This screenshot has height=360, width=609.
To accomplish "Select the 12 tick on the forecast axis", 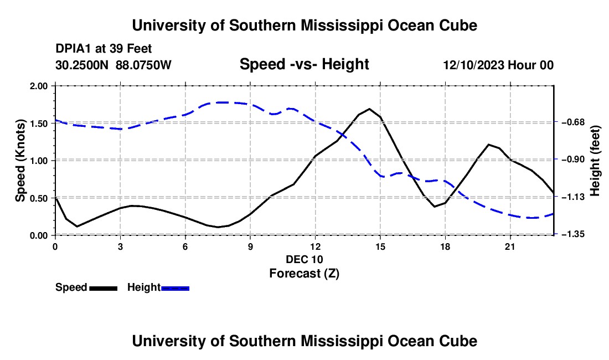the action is pos(316,246).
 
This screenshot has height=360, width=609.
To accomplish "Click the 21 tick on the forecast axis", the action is pos(510,246).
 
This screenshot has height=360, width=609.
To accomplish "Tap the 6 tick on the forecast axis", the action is pos(185,246).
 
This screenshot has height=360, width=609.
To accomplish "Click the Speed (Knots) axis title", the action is pos(20,161).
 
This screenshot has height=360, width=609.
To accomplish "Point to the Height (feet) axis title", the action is pos(595,161).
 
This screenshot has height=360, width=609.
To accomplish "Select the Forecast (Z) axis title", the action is pos(304,274).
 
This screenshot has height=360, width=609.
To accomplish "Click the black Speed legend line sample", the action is pos(104,289).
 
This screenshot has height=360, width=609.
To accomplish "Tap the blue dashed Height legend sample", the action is pos(175,289).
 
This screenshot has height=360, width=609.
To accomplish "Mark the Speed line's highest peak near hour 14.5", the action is pos(369,109).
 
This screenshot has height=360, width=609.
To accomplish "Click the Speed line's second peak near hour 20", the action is pos(488,145).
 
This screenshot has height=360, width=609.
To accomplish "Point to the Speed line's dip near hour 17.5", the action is pos(435,206).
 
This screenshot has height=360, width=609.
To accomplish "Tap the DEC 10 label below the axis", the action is pos(304,259).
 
